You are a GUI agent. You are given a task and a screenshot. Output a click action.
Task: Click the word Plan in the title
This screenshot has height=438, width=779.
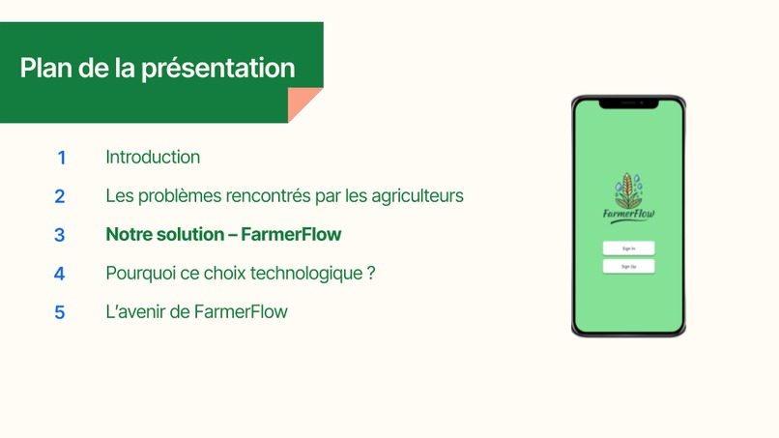(42, 69)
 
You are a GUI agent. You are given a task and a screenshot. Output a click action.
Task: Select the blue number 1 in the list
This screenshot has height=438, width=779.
(61, 158)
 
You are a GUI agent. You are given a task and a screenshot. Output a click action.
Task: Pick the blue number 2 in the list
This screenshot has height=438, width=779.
(60, 196)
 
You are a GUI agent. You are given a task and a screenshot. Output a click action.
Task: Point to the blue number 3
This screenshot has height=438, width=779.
(60, 235)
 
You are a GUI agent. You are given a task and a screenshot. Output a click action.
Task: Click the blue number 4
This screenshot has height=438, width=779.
(60, 274)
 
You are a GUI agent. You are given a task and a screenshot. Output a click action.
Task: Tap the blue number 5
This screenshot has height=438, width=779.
(60, 312)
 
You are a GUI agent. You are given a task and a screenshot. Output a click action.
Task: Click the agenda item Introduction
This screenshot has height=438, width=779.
(153, 157)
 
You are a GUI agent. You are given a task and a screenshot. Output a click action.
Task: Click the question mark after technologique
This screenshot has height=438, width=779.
(371, 274)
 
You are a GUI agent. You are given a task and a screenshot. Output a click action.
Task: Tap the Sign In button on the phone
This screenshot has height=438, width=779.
(628, 248)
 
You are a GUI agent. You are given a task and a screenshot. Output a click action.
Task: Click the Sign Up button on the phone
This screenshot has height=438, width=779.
(628, 266)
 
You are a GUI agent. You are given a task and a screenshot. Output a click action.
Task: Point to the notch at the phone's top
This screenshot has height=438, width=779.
(628, 102)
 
